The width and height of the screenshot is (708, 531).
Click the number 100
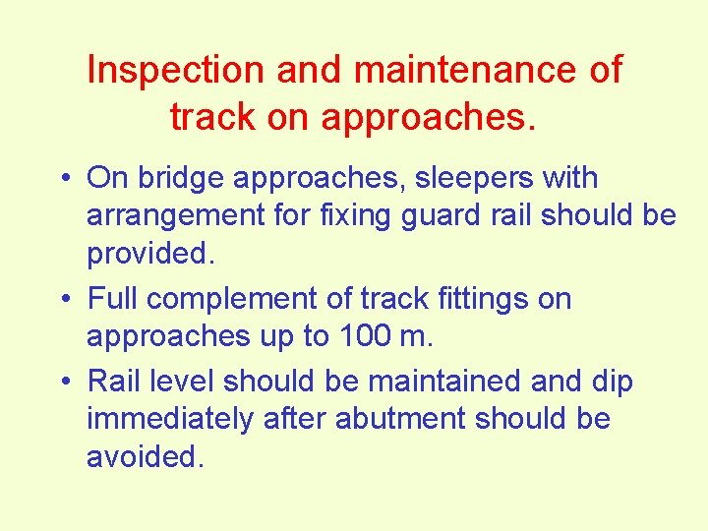click(x=365, y=336)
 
